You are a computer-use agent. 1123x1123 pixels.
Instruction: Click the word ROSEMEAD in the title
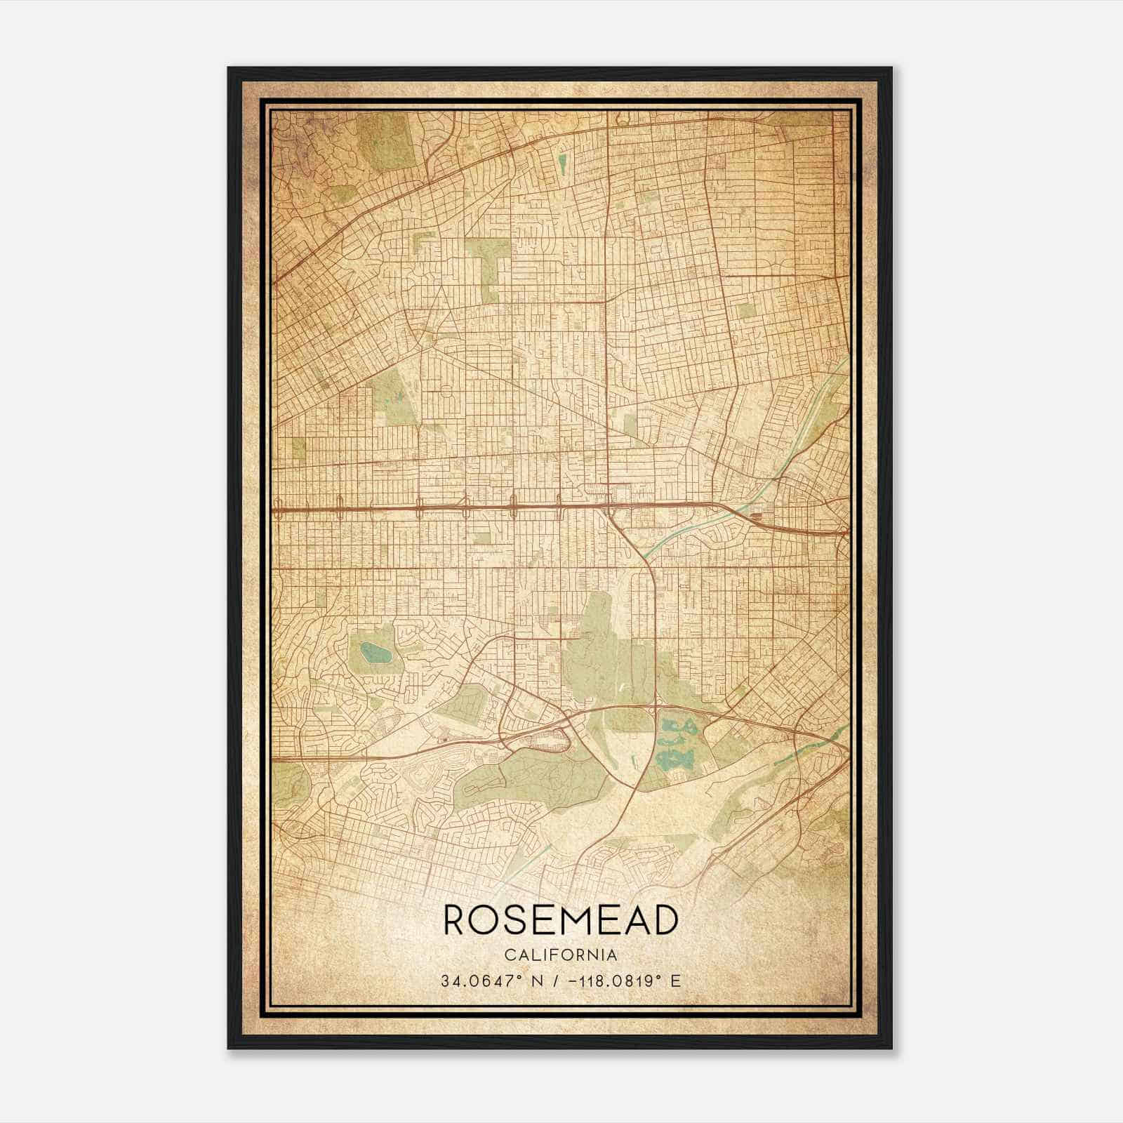(561, 920)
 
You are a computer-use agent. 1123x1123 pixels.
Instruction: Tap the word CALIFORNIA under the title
(561, 955)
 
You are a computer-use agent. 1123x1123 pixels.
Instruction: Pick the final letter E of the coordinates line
(675, 981)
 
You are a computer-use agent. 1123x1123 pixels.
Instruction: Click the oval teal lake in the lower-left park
(377, 655)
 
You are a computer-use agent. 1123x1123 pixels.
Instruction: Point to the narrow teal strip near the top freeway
(562, 164)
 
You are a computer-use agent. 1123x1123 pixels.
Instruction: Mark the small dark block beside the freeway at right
(757, 518)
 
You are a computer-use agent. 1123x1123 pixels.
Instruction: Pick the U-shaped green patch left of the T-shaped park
(424, 242)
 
